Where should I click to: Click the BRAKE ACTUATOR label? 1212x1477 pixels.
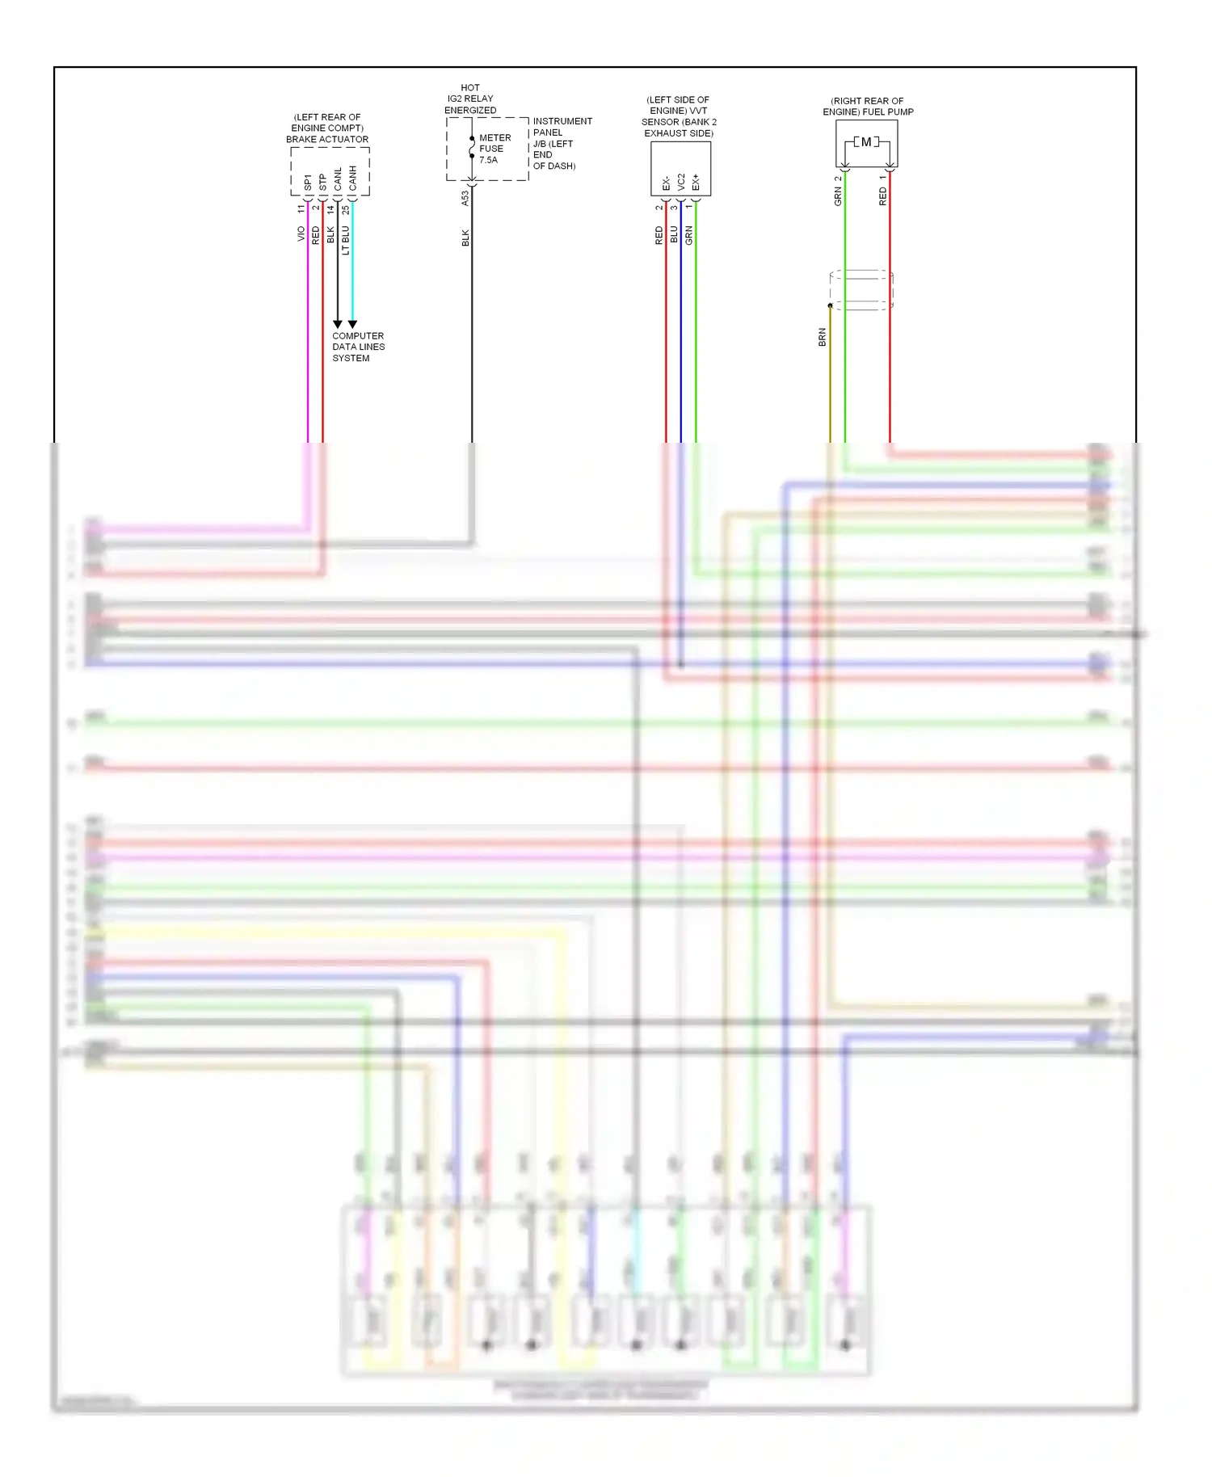[327, 139]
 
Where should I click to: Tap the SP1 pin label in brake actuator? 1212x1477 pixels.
[308, 183]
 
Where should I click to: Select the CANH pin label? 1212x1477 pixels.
[353, 179]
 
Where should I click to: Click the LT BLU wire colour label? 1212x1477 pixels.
[346, 240]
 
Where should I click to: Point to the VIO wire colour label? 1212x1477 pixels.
[301, 234]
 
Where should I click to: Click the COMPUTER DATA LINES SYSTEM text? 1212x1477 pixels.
[358, 347]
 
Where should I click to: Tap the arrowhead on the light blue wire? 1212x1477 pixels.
[352, 324]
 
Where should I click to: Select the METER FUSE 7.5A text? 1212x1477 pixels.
[494, 149]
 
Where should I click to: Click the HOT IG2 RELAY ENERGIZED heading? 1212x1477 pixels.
[470, 99]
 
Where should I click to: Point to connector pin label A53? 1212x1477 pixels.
[465, 198]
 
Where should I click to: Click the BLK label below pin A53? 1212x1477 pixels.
[465, 238]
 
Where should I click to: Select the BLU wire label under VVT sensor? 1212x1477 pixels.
[674, 234]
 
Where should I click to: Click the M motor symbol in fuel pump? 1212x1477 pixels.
[866, 142]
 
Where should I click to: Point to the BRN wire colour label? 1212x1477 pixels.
[823, 337]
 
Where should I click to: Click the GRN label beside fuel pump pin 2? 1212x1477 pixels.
[838, 196]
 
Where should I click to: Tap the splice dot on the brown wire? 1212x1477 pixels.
[830, 305]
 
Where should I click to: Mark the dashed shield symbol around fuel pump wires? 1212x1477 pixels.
[861, 290]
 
